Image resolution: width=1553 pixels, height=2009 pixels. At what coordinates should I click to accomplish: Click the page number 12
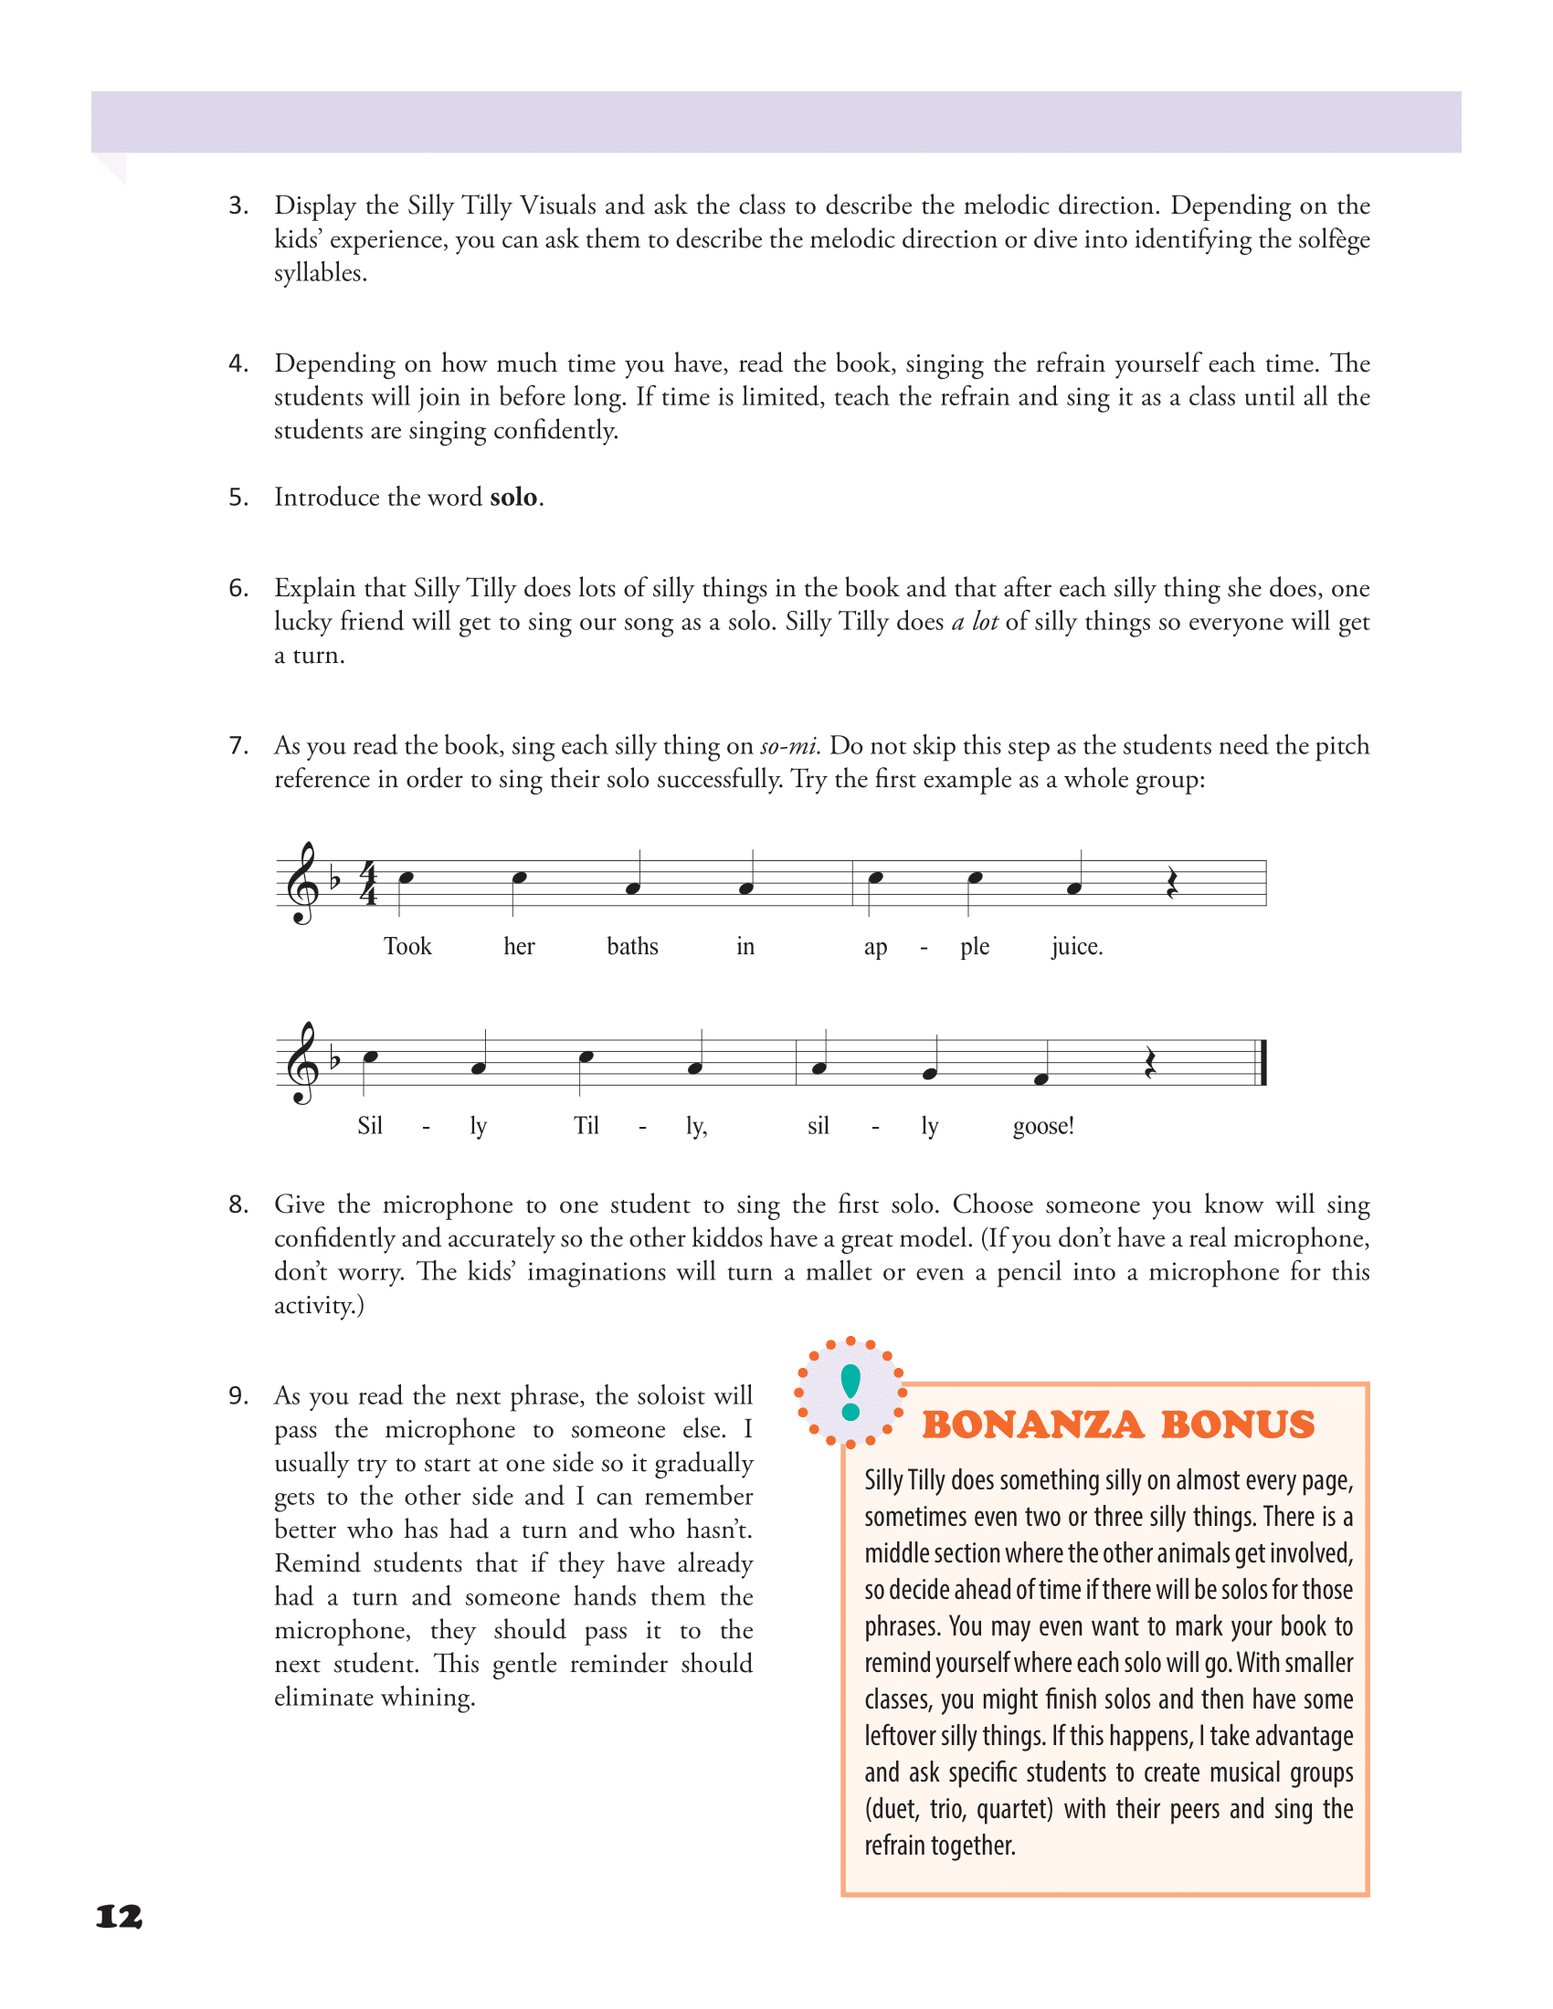(x=119, y=1916)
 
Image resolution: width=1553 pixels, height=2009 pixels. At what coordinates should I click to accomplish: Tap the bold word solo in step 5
(x=512, y=498)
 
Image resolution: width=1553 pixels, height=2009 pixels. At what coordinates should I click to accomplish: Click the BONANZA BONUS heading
(x=1118, y=1425)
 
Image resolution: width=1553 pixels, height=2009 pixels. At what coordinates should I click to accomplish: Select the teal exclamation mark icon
(x=850, y=1392)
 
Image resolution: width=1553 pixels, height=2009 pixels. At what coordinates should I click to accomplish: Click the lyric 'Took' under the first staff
(x=407, y=947)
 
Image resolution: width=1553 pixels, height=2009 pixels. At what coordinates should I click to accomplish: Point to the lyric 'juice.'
(x=1076, y=947)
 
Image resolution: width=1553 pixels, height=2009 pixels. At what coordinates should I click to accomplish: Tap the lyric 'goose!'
(x=1042, y=1126)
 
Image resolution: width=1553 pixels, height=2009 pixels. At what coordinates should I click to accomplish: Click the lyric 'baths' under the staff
(x=632, y=947)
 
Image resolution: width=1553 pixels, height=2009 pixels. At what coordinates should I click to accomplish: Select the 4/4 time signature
(x=369, y=883)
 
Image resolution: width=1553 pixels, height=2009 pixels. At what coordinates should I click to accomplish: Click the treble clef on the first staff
(x=301, y=883)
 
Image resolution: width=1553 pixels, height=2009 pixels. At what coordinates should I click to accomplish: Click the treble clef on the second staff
(x=301, y=1062)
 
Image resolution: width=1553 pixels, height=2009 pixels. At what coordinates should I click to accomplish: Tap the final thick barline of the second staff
(x=1263, y=1062)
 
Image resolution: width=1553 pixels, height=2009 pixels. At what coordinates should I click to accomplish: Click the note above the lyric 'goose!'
(x=1041, y=1079)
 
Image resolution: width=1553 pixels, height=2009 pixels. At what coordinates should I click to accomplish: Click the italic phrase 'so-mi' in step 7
(x=789, y=746)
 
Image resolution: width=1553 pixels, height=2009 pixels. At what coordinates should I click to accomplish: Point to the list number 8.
(x=238, y=1205)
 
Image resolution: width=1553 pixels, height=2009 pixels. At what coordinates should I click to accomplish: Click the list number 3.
(x=238, y=206)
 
